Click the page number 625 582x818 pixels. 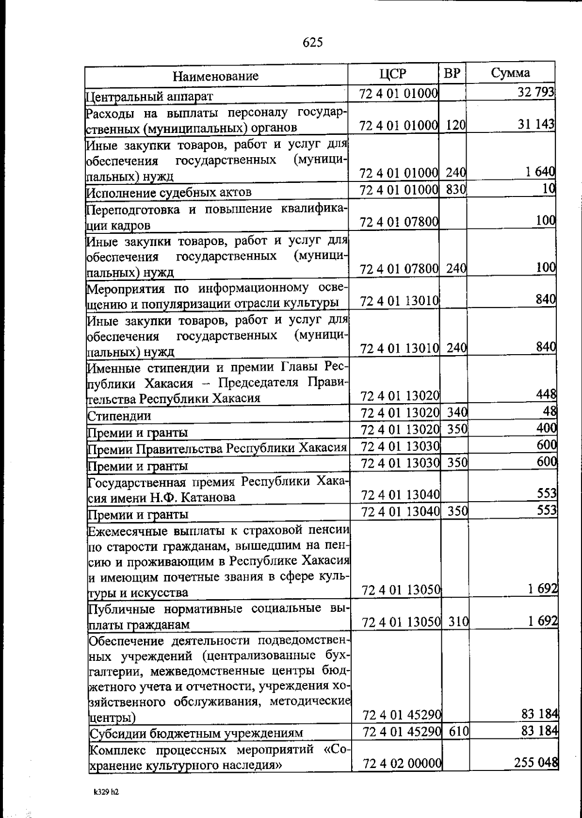(313, 43)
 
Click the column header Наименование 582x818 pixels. (216, 76)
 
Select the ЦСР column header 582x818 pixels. (393, 74)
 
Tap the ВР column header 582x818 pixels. (452, 74)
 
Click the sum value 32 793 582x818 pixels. (535, 92)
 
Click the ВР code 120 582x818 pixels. (456, 126)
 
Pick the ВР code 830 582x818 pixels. (456, 190)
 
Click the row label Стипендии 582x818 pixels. (119, 416)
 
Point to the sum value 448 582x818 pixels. (546, 395)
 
